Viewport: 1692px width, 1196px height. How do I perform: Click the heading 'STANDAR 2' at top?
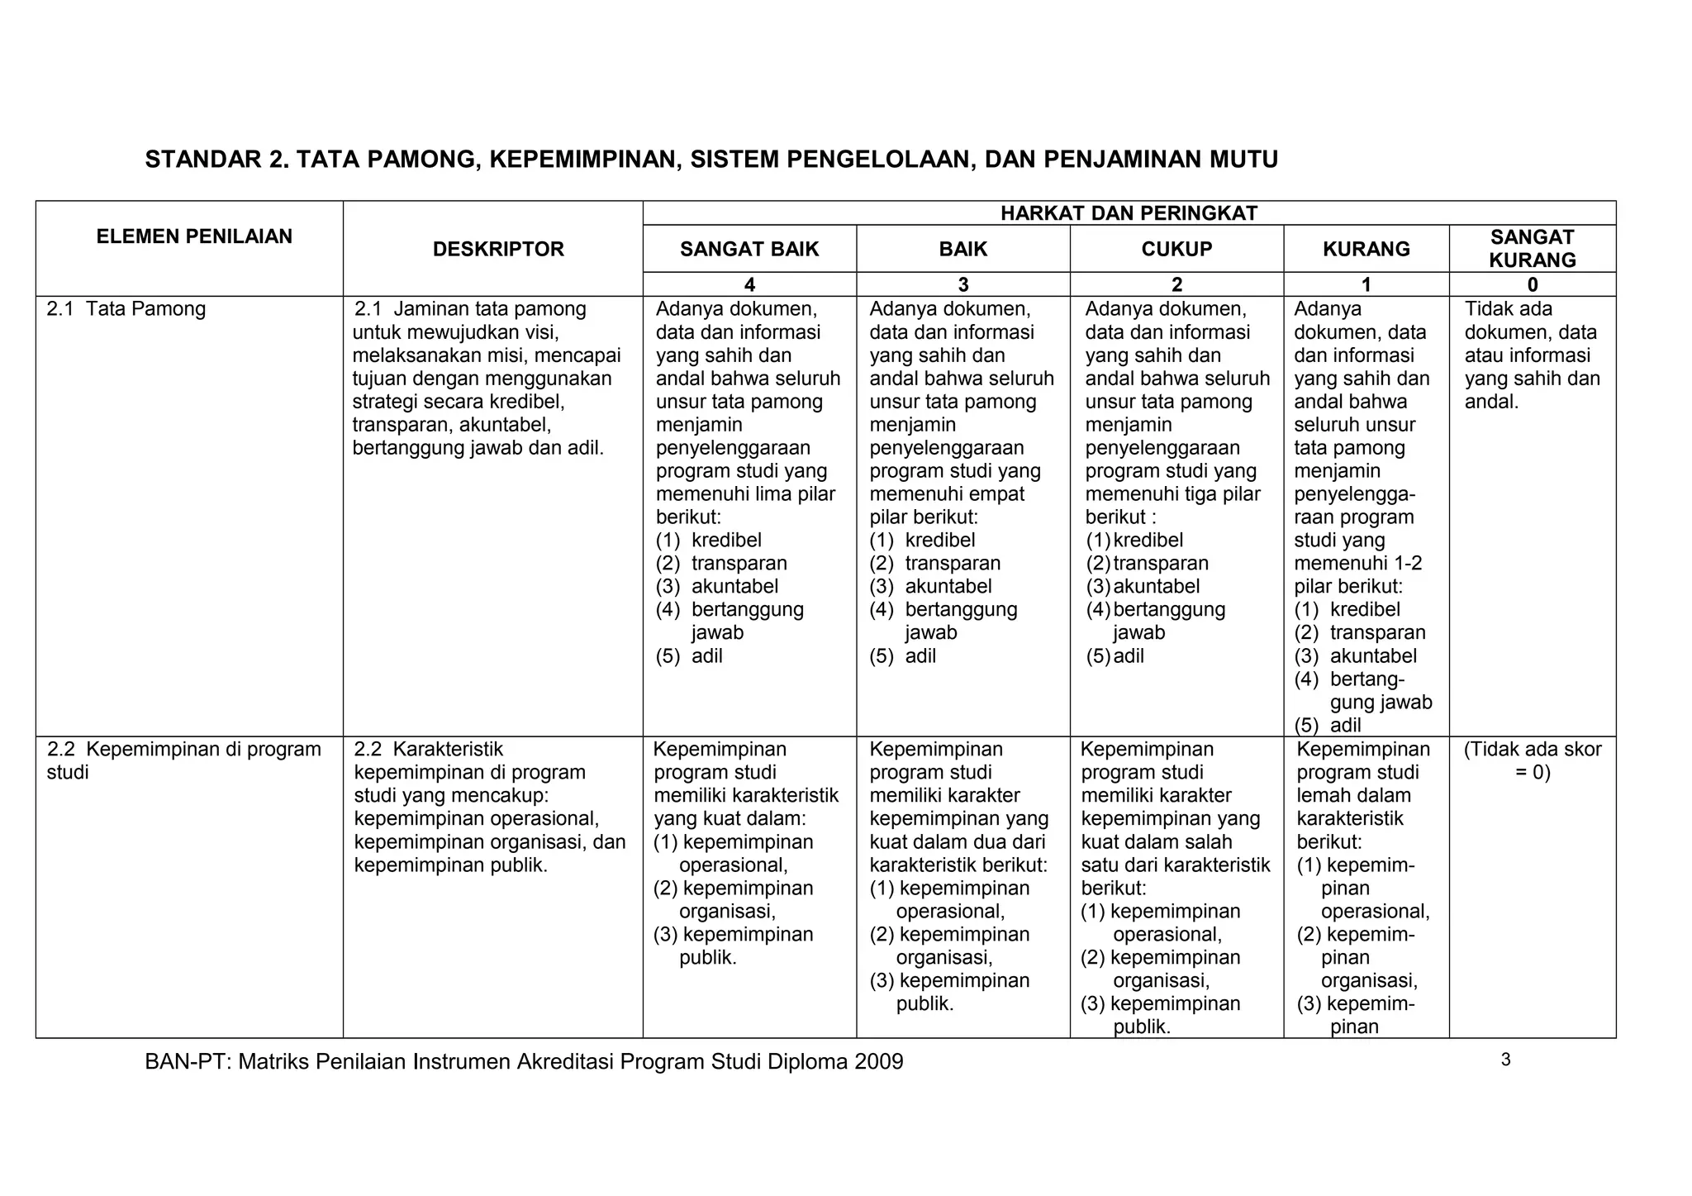[711, 160]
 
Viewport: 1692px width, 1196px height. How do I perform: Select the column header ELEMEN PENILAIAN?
[194, 236]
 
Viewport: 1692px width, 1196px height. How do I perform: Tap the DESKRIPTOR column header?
[498, 249]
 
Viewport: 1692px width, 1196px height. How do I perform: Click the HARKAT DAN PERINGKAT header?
[1129, 213]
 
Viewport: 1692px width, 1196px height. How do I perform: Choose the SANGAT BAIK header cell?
[749, 249]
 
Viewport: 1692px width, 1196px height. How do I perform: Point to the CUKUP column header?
[1176, 249]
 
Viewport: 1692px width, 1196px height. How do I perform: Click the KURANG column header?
[1366, 249]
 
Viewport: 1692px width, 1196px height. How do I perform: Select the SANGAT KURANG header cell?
[1532, 249]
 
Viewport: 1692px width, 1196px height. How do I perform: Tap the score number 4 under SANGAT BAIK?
[749, 285]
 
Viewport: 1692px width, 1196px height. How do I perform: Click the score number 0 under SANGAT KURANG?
[1533, 285]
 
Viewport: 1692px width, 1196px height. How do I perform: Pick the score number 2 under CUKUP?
[1176, 285]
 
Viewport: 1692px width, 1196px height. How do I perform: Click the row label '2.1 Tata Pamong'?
[126, 309]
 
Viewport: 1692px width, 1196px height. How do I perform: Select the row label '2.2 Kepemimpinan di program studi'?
[183, 760]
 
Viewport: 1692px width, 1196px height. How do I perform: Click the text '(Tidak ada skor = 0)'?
[1533, 760]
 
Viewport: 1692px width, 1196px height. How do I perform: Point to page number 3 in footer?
[1505, 1060]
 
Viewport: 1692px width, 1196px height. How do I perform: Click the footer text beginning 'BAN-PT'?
[524, 1061]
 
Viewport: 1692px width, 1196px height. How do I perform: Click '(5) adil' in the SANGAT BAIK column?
[689, 656]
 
